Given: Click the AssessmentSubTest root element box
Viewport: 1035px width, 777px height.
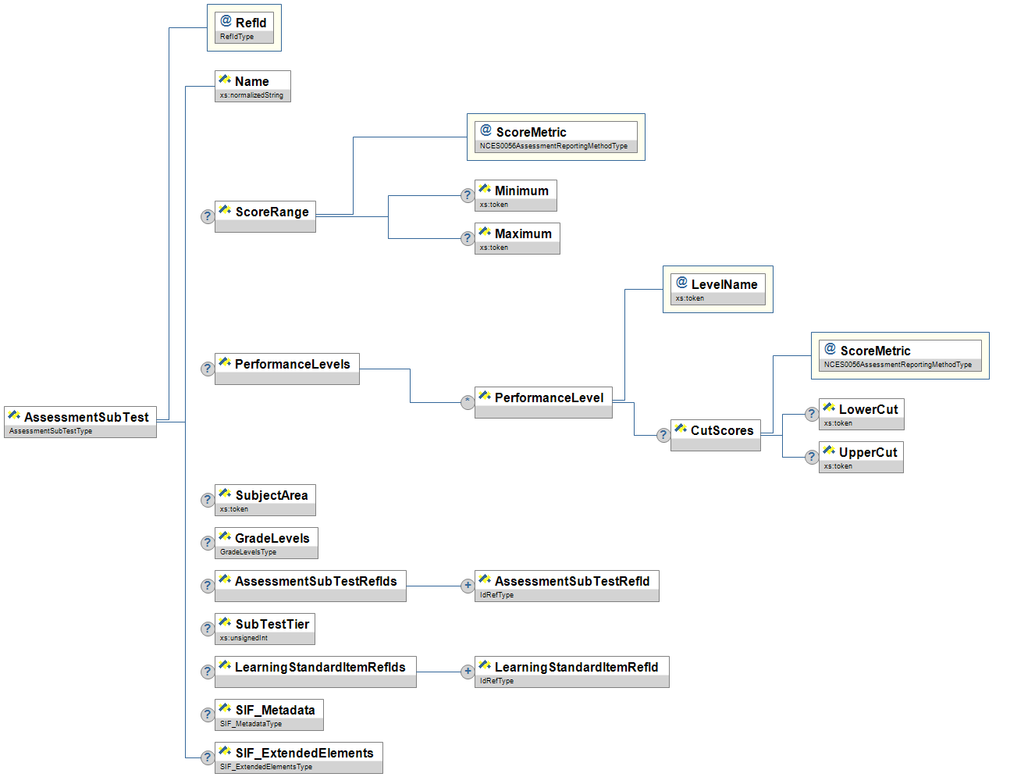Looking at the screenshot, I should pyautogui.click(x=80, y=422).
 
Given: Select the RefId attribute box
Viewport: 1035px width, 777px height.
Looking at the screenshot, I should pyautogui.click(x=244, y=27).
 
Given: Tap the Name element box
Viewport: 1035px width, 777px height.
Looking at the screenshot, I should pyautogui.click(x=252, y=86).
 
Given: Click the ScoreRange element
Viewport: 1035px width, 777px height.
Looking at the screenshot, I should pyautogui.click(x=265, y=216).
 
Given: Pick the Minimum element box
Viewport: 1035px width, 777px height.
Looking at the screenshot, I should pyautogui.click(x=515, y=195).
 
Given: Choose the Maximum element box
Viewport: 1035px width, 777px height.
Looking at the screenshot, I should pyautogui.click(x=517, y=238).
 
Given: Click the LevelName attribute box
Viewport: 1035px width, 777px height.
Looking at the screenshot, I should pyautogui.click(x=717, y=289).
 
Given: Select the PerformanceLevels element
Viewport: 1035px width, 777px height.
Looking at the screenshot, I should pyautogui.click(x=286, y=369).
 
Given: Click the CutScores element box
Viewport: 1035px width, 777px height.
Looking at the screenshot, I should pyautogui.click(x=715, y=435).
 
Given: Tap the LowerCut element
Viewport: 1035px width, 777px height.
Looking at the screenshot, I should pyautogui.click(x=861, y=414).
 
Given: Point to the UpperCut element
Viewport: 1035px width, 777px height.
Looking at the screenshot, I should pyautogui.click(x=861, y=457).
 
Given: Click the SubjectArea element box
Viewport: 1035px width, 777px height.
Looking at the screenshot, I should pyautogui.click(x=265, y=500).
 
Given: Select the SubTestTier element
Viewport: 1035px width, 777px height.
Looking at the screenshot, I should pyautogui.click(x=265, y=629).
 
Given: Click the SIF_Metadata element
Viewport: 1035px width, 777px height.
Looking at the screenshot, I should pyautogui.click(x=269, y=715).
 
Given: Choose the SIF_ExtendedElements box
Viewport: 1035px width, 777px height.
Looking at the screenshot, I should pyautogui.click(x=298, y=757).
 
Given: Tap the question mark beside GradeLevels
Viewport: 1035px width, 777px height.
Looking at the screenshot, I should pyautogui.click(x=207, y=543).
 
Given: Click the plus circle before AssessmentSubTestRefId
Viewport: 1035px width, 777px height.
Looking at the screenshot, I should pyautogui.click(x=467, y=585).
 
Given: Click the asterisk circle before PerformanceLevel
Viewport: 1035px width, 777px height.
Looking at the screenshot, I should pyautogui.click(x=467, y=401).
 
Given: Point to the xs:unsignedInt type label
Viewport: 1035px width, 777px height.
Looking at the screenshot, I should pyautogui.click(x=244, y=638).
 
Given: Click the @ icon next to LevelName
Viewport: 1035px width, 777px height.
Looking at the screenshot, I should pyautogui.click(x=681, y=283).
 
